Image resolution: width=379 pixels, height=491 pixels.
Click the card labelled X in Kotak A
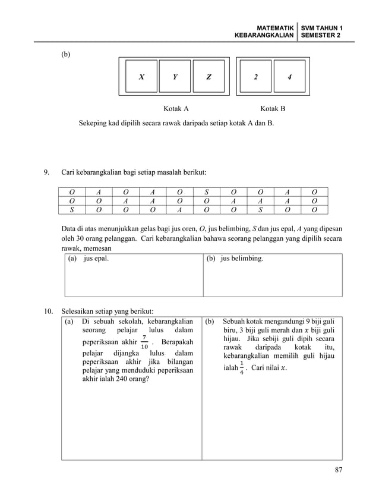tap(141, 77)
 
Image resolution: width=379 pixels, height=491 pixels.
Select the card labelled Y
tap(175, 77)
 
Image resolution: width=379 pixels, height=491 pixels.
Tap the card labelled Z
tap(209, 77)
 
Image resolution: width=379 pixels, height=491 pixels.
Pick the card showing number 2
tap(255, 77)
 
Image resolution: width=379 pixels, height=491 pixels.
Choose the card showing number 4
tap(289, 77)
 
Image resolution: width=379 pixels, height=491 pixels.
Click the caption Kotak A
tap(176, 109)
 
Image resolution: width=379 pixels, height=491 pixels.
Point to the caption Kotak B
tap(273, 109)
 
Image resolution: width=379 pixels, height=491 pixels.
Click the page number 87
tap(339, 471)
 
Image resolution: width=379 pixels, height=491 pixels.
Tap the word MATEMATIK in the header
tap(274, 28)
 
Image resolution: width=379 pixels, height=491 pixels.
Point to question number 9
tap(46, 173)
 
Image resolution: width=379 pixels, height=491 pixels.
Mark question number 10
tap(48, 311)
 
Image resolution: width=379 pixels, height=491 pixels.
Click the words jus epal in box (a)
tap(96, 260)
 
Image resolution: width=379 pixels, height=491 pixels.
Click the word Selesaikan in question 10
tap(79, 311)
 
